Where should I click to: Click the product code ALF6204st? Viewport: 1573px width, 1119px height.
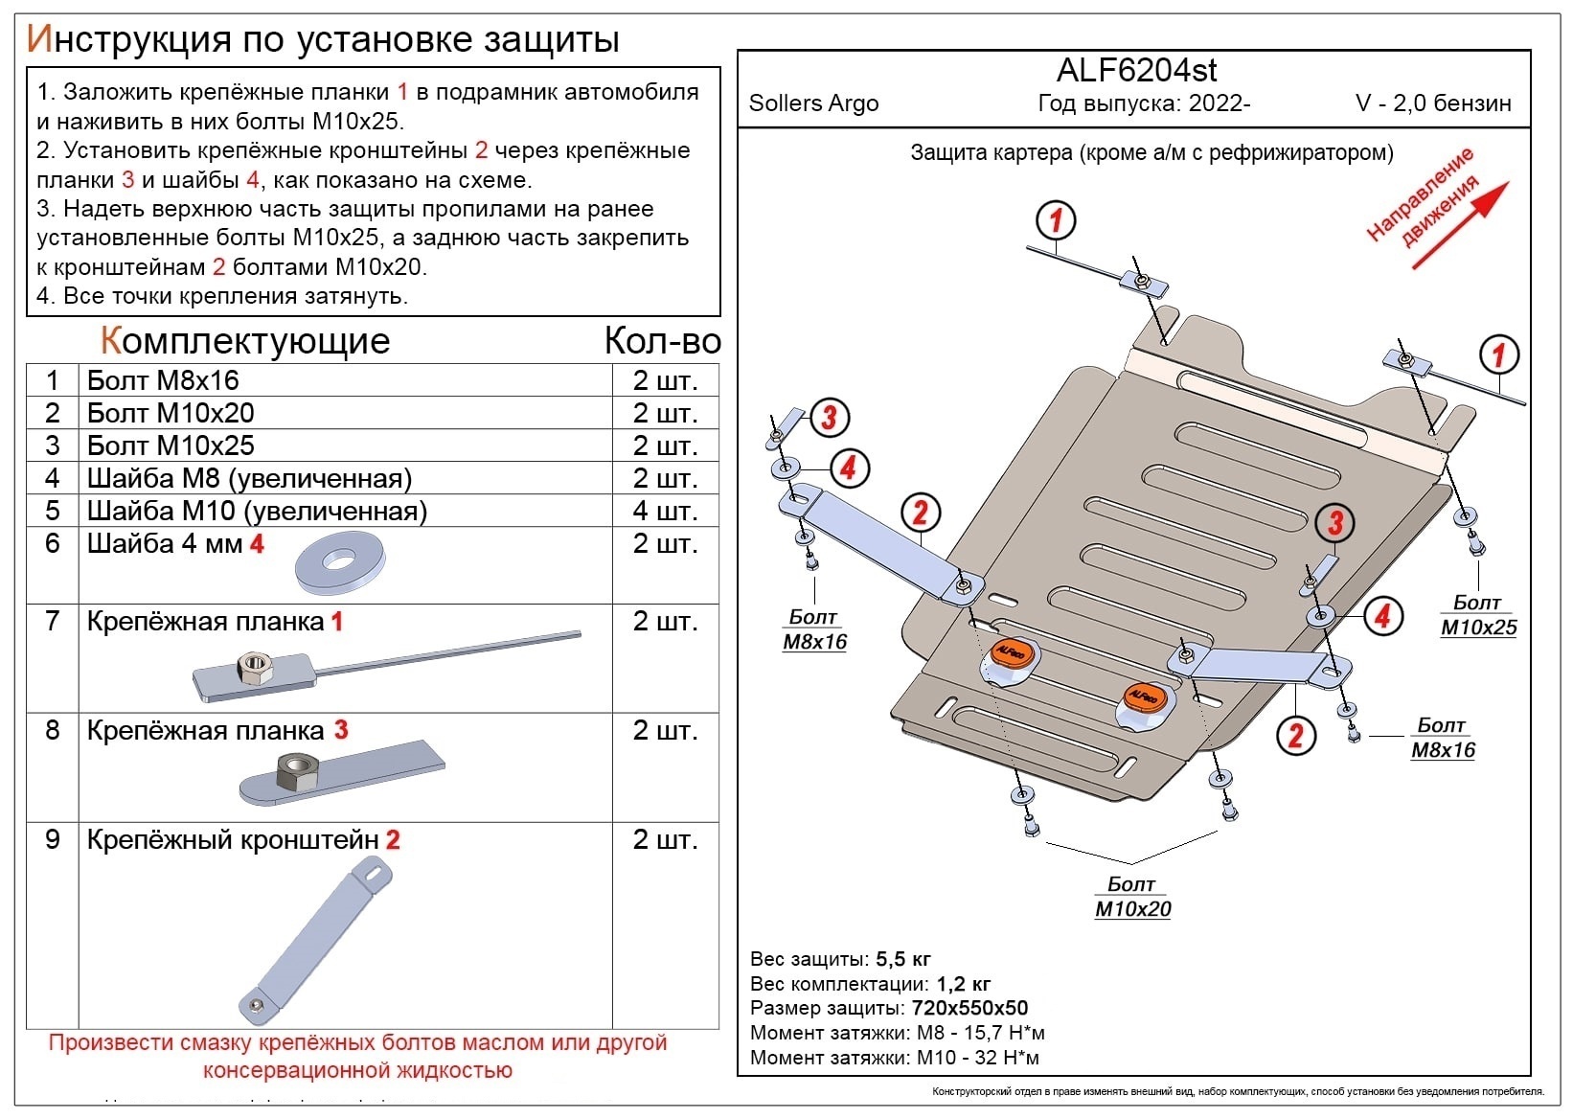click(x=1136, y=70)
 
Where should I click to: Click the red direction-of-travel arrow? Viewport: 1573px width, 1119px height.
click(x=1459, y=226)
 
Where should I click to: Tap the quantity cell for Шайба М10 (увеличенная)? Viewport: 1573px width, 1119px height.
click(x=665, y=511)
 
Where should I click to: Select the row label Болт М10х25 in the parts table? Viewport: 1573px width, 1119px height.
click(x=171, y=445)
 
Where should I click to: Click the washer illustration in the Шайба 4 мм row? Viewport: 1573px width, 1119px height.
click(x=340, y=564)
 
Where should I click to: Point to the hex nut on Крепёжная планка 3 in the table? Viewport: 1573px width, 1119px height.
click(x=297, y=771)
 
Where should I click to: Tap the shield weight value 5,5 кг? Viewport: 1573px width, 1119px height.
click(x=902, y=959)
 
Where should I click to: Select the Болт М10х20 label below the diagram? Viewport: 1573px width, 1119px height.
click(x=1132, y=897)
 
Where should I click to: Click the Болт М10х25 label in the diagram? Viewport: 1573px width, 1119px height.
click(x=1478, y=615)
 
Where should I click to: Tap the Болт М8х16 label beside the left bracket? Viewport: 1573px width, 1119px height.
click(x=814, y=629)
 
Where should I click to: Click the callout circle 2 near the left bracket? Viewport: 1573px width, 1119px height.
click(x=920, y=514)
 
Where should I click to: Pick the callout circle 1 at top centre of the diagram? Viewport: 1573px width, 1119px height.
click(x=1056, y=221)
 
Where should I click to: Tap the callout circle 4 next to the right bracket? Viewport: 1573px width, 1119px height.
click(x=1381, y=616)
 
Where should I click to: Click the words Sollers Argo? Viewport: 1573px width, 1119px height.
click(x=813, y=103)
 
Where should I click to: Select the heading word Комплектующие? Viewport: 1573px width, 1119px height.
click(x=245, y=341)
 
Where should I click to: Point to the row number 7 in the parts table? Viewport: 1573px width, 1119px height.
click(x=53, y=621)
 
